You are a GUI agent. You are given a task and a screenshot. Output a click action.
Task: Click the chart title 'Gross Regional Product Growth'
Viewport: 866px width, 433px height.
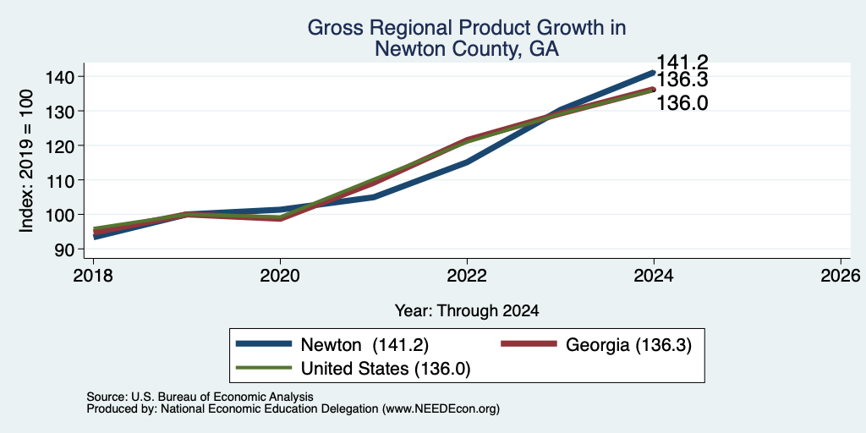click(x=467, y=28)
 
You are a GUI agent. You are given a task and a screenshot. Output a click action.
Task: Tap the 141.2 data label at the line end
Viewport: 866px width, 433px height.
click(x=682, y=63)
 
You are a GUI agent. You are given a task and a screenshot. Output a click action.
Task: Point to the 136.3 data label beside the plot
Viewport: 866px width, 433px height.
click(x=682, y=80)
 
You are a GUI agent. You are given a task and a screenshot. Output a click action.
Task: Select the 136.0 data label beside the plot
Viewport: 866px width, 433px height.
click(x=682, y=102)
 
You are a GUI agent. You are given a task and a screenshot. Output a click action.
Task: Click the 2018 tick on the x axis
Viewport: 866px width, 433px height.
click(x=93, y=276)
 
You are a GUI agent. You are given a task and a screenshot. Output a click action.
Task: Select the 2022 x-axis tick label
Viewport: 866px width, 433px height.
click(x=467, y=276)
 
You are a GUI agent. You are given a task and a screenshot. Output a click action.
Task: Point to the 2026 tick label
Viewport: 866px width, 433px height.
click(x=841, y=276)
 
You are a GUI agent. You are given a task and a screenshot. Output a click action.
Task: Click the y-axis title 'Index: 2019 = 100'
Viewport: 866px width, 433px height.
click(x=28, y=162)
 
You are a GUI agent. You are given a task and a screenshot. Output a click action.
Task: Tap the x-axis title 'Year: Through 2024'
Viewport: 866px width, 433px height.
click(x=467, y=311)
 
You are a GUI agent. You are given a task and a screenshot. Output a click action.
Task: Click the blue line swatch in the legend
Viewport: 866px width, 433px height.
click(x=264, y=344)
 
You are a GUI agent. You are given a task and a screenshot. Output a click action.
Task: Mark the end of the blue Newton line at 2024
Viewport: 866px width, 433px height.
click(x=654, y=73)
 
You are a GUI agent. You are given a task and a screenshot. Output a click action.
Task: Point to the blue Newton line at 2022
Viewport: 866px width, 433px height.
click(x=467, y=162)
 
